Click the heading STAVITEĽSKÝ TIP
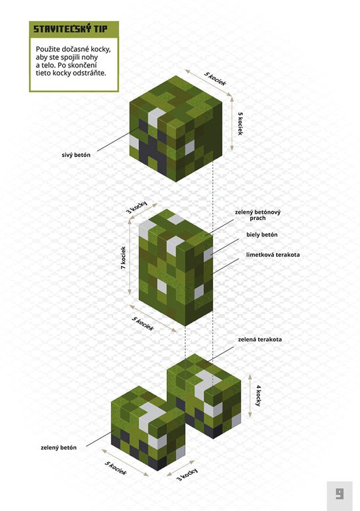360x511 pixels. [70, 29]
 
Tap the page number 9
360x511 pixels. [339, 494]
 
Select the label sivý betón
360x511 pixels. [76, 155]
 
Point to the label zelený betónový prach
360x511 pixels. [257, 215]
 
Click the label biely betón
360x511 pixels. [262, 234]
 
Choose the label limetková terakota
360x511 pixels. [273, 255]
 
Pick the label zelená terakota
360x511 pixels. [259, 340]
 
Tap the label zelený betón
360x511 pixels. [59, 447]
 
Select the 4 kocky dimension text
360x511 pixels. [258, 396]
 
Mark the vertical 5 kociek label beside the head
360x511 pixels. [240, 124]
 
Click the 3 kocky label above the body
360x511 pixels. [137, 207]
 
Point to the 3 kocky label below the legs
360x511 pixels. [187, 475]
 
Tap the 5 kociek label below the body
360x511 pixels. [143, 324]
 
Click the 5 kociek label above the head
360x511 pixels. [215, 79]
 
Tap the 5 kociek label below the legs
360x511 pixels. [115, 469]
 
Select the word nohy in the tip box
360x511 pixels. [90, 58]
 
